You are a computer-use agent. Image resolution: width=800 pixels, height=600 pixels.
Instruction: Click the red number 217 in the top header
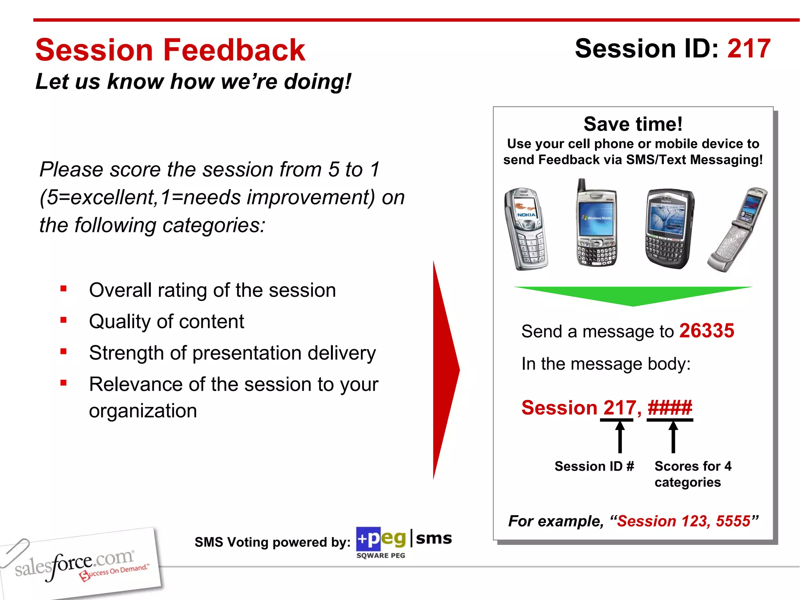click(x=748, y=49)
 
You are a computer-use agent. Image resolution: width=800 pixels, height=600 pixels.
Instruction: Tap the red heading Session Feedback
click(x=170, y=50)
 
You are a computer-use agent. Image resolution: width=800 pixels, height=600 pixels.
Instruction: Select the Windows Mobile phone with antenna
click(x=596, y=227)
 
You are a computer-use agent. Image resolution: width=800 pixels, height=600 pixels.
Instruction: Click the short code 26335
click(x=706, y=331)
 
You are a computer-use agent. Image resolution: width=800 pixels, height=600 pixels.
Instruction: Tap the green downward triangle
click(x=633, y=295)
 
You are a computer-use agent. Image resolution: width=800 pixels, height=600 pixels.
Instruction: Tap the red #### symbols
click(x=670, y=408)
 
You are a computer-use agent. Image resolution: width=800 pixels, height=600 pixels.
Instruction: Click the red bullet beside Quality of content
click(x=64, y=320)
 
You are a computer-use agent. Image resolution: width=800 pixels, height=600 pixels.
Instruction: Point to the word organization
click(x=143, y=411)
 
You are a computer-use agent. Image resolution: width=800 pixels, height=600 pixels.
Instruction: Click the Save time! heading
click(x=633, y=124)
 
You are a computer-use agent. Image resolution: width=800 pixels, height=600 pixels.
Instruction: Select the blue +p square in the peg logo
click(x=368, y=539)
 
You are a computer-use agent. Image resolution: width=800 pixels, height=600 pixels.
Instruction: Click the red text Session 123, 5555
click(x=684, y=521)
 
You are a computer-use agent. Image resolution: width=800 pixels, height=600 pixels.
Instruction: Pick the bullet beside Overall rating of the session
click(x=64, y=289)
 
